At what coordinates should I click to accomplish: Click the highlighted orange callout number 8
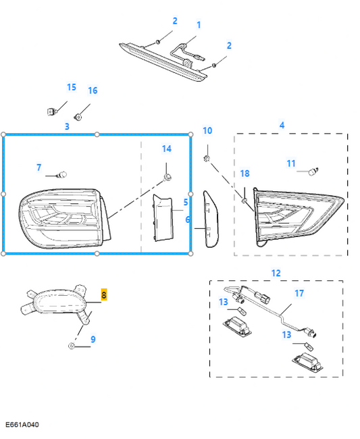point(104,294)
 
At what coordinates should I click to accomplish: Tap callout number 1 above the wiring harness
point(199,25)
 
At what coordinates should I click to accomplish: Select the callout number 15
point(72,87)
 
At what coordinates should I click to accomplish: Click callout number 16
point(93,91)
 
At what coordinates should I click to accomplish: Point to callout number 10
point(207,130)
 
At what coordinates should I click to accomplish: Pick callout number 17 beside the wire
point(299,293)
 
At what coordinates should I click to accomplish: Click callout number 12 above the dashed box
point(276,273)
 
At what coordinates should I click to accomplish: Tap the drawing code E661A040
point(22,424)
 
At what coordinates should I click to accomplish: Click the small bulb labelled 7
point(61,176)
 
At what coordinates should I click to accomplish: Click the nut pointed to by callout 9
point(72,346)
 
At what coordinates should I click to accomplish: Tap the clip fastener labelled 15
point(51,111)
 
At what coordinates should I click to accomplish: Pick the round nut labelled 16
point(78,117)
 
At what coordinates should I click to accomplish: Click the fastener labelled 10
point(207,159)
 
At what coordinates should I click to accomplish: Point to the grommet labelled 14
point(168,177)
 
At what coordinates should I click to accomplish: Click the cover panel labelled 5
point(162,218)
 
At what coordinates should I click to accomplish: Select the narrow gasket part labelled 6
point(211,219)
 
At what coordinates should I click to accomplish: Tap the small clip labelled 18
point(245,201)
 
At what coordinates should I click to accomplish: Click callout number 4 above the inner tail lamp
point(282,125)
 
